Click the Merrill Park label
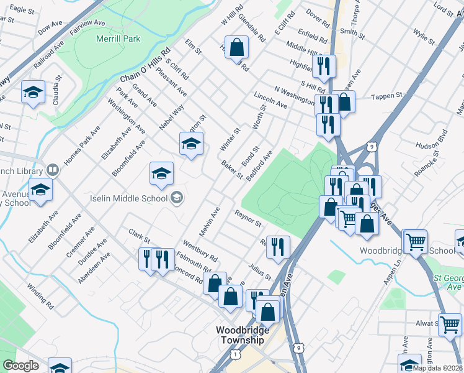[118, 39]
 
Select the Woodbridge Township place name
[243, 335]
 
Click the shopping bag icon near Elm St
[237, 47]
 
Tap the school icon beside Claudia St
[33, 93]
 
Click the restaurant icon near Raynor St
[278, 247]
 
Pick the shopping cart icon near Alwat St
[450, 325]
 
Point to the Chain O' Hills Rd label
[145, 66]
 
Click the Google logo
[20, 366]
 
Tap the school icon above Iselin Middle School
[161, 173]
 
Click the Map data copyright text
[437, 368]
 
